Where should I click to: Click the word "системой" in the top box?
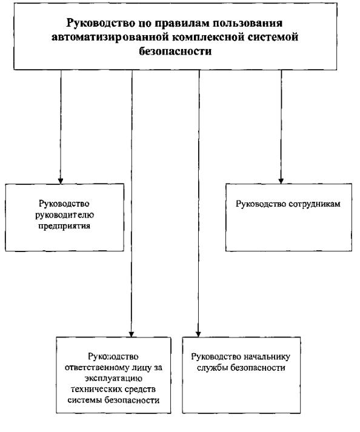coord(273,37)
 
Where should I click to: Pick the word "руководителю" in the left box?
coord(64,215)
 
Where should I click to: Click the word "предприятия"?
coord(64,226)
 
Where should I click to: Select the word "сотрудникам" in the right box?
coord(315,204)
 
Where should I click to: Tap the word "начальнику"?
coord(267,357)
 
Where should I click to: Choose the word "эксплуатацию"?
coord(113,379)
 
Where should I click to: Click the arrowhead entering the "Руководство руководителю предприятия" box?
coord(61,181)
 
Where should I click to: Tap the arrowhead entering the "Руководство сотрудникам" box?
coord(281,181)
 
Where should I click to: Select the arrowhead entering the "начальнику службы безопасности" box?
coord(198,333)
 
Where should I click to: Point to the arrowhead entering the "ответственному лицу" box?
coord(132,333)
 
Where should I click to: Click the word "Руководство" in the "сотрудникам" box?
coord(261,204)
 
